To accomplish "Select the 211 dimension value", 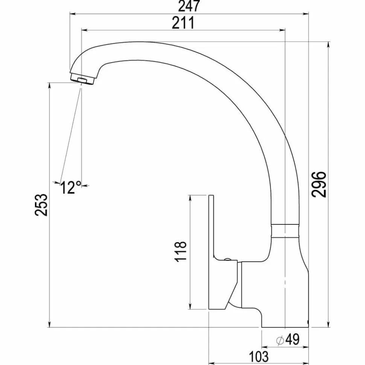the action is [183, 23].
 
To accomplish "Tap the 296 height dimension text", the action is [319, 184].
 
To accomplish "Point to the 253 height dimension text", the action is [41, 204].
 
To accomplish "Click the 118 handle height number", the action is [181, 251].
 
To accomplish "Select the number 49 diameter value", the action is [292, 339].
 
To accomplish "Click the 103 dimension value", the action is [259, 356].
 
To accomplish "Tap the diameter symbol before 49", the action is [280, 341].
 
